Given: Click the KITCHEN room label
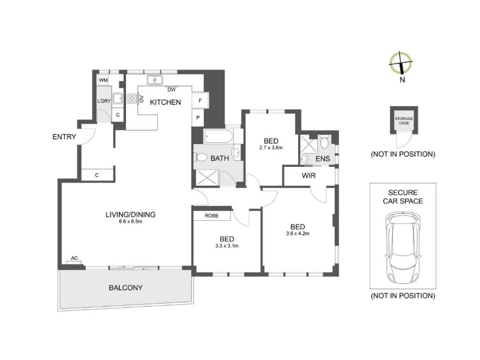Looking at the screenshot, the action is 166,102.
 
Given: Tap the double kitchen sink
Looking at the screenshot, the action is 155,80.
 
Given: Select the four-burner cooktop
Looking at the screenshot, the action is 131,98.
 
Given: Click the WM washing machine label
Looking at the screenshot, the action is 103,80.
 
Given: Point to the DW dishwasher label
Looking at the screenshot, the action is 172,89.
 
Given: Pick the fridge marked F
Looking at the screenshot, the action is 200,100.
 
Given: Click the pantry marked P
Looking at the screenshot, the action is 198,118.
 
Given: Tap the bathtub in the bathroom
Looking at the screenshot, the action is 218,136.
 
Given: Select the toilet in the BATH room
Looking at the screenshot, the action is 200,157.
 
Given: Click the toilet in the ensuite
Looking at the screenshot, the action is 324,142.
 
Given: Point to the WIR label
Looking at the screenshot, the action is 308,176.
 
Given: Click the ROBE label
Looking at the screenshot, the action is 212,216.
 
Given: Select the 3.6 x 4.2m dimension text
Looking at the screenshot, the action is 298,233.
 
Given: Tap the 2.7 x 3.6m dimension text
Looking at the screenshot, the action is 271,148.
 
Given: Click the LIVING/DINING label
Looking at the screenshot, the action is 130,215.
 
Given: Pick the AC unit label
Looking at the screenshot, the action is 74,258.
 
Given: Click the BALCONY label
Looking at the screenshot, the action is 125,288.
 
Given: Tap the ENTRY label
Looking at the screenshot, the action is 64,137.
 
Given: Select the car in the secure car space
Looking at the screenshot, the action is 403,248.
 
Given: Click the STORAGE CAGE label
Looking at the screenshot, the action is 404,121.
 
